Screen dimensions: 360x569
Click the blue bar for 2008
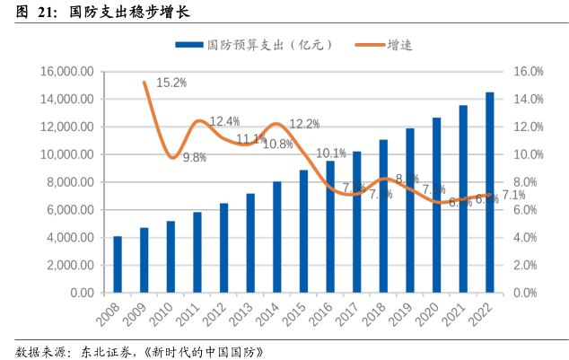[118, 265]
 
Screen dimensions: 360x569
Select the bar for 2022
[489, 193]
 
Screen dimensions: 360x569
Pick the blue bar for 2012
[223, 248]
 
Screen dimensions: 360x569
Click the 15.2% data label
[171, 83]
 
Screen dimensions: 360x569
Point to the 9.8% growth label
[195, 157]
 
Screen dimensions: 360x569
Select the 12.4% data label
[224, 121]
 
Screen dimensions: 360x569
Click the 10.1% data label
[331, 153]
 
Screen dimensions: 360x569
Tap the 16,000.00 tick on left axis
[68, 72]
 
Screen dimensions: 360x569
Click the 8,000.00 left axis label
[71, 182]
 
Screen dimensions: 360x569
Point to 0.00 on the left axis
[82, 293]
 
